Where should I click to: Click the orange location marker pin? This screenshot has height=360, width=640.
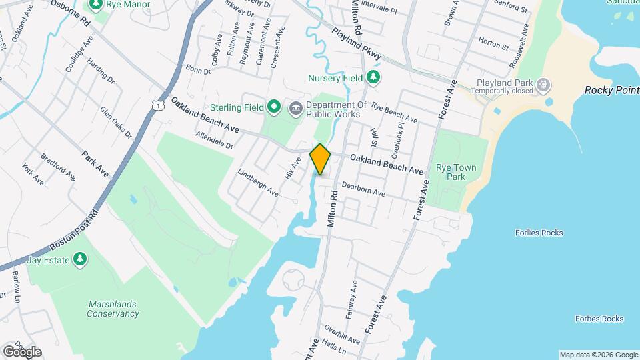point(321,159)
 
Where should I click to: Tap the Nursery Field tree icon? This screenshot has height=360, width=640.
point(373,78)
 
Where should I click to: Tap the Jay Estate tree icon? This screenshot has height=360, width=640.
point(80,259)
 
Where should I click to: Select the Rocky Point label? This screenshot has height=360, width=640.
point(611,90)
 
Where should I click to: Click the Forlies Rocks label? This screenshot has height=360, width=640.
point(539,233)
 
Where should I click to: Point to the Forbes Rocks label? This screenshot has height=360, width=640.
point(599,319)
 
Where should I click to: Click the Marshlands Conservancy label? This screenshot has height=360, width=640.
point(113,309)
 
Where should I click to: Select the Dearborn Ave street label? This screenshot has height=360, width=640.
point(363,189)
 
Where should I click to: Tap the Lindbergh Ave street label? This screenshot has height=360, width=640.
point(258,181)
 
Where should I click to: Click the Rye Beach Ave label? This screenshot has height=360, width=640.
point(394,112)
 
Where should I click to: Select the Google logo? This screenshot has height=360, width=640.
point(22,352)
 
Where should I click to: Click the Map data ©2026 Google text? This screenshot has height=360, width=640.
point(599,355)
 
